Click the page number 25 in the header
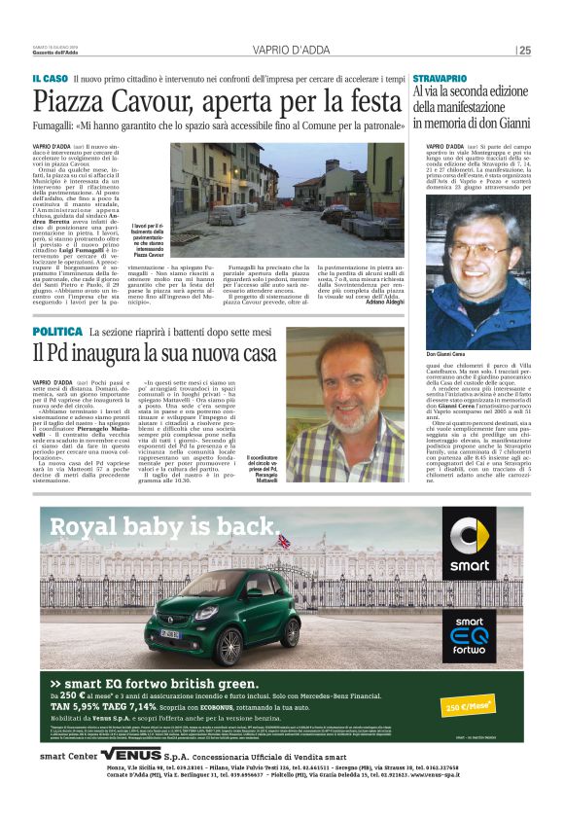click(525, 50)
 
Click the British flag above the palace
click(283, 541)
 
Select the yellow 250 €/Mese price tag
click(468, 705)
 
